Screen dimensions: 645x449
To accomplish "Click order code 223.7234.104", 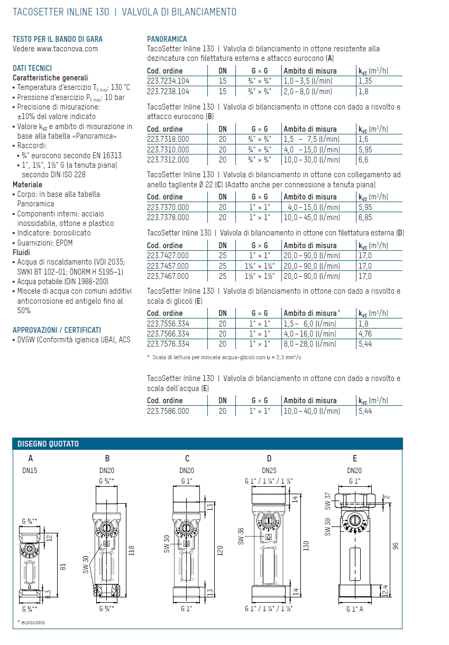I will (x=168, y=81).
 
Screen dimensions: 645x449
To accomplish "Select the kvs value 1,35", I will (x=365, y=81).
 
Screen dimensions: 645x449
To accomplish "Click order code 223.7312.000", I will (x=168, y=160).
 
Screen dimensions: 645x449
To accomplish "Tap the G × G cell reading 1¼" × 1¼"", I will (x=260, y=266).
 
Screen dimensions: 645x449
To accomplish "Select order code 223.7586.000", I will (x=168, y=411).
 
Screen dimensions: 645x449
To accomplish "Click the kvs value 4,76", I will (x=365, y=334).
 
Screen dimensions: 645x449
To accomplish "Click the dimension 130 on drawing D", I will (x=306, y=546).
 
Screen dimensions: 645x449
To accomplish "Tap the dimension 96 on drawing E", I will (x=395, y=546).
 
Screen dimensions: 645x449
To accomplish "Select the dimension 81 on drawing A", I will (x=62, y=567).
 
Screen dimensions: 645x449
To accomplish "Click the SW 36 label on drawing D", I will (x=241, y=536).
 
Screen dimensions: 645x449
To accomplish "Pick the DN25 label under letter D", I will (x=270, y=470).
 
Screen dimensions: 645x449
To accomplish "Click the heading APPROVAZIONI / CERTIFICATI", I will (x=57, y=330).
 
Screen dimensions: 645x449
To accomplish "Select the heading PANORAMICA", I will (x=167, y=39).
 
